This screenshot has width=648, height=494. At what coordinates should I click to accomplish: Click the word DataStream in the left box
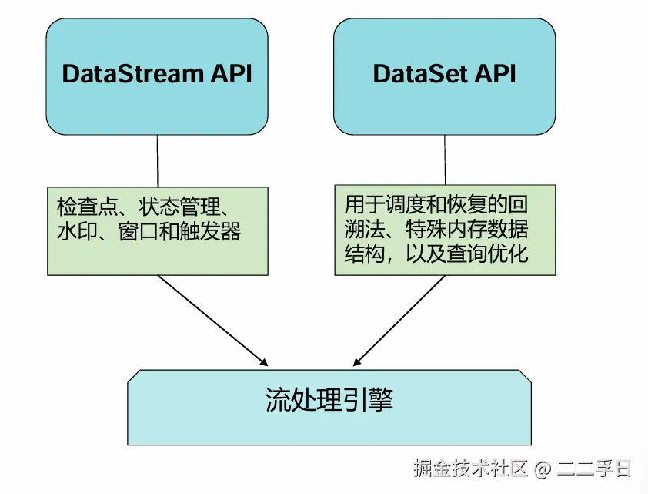[132, 74]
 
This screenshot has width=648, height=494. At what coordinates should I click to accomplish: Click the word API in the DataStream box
[232, 74]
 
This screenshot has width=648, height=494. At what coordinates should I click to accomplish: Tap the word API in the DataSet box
[495, 74]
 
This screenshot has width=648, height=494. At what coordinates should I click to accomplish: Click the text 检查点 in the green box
[87, 207]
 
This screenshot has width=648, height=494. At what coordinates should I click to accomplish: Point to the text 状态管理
[179, 207]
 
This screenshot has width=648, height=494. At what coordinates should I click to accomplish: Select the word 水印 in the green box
[77, 231]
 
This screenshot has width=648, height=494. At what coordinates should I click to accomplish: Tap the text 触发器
[210, 231]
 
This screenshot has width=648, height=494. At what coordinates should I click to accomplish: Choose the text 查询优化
[487, 254]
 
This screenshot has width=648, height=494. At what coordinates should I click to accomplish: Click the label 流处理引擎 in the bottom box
[329, 399]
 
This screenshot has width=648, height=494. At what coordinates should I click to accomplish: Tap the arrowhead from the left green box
[264, 362]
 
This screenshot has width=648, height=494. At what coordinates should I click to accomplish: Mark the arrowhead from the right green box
[357, 361]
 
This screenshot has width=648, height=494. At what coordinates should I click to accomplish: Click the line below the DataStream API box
[158, 160]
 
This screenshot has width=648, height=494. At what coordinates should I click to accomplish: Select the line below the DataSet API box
[445, 160]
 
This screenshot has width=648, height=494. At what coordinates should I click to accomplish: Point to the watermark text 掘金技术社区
[471, 468]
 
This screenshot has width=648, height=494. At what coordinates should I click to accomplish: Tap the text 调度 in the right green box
[406, 204]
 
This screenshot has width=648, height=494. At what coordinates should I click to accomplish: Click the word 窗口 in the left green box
[139, 231]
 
